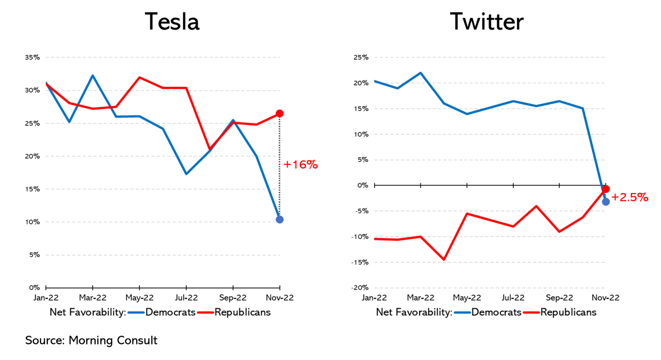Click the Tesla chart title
click(172, 22)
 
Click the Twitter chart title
click(487, 22)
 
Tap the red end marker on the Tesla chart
click(280, 114)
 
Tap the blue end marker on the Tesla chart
click(280, 220)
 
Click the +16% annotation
click(301, 165)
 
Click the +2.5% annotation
click(630, 197)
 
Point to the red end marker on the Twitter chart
click(606, 189)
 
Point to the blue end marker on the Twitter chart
click(606, 202)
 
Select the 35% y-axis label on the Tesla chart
click(32, 57)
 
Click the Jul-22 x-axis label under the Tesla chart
click(186, 298)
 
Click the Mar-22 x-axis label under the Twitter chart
click(420, 298)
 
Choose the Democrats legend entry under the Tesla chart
click(170, 312)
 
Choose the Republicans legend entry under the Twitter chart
click(568, 312)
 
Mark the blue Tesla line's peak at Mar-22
click(93, 76)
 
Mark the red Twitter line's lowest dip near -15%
click(444, 259)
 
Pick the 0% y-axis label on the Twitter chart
click(363, 185)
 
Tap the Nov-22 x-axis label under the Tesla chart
click(280, 298)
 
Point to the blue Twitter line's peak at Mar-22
click(420, 73)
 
